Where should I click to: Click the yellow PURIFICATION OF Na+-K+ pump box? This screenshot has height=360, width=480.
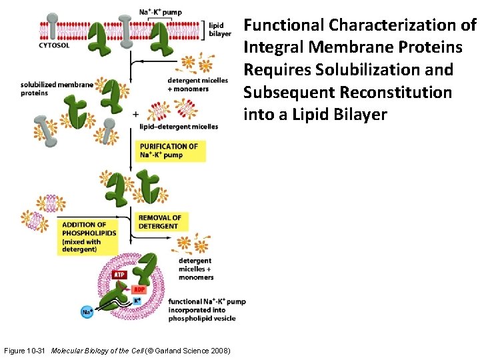click(170, 151)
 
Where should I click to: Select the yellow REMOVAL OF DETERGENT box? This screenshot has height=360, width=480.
click(160, 222)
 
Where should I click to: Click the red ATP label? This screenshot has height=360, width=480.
click(119, 274)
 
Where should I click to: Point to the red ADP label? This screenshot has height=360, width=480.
click(139, 290)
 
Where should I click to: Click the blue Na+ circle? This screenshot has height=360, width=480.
click(87, 311)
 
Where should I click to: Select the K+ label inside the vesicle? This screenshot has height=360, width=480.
click(137, 301)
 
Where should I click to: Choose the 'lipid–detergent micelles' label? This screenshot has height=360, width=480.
click(179, 127)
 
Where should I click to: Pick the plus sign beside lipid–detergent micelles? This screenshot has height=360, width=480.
click(136, 114)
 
